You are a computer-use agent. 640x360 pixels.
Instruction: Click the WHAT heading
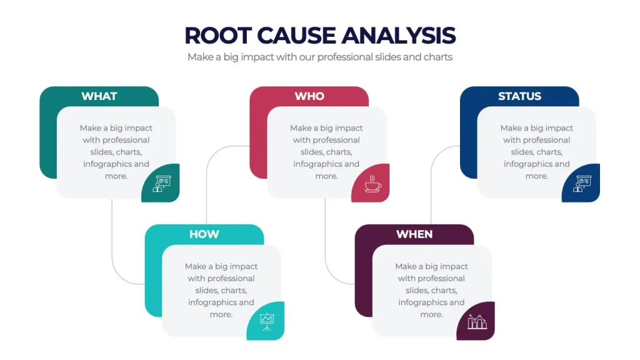(x=99, y=96)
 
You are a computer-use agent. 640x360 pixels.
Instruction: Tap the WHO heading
(x=309, y=96)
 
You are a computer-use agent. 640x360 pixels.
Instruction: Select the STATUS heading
(x=519, y=96)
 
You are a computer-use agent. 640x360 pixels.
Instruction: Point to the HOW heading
(x=204, y=234)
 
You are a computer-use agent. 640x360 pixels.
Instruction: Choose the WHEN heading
(x=414, y=234)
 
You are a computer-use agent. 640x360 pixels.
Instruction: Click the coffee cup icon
(x=372, y=184)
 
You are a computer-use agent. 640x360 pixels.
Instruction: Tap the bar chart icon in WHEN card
(x=477, y=322)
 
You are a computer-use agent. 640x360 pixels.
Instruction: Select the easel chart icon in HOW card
(x=267, y=322)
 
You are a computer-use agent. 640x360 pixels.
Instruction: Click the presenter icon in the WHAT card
(x=162, y=184)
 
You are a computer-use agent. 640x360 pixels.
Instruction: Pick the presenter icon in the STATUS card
(x=582, y=184)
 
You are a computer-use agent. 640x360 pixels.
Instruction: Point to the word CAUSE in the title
(x=296, y=36)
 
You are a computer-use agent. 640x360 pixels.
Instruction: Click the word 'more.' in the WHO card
(x=326, y=176)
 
